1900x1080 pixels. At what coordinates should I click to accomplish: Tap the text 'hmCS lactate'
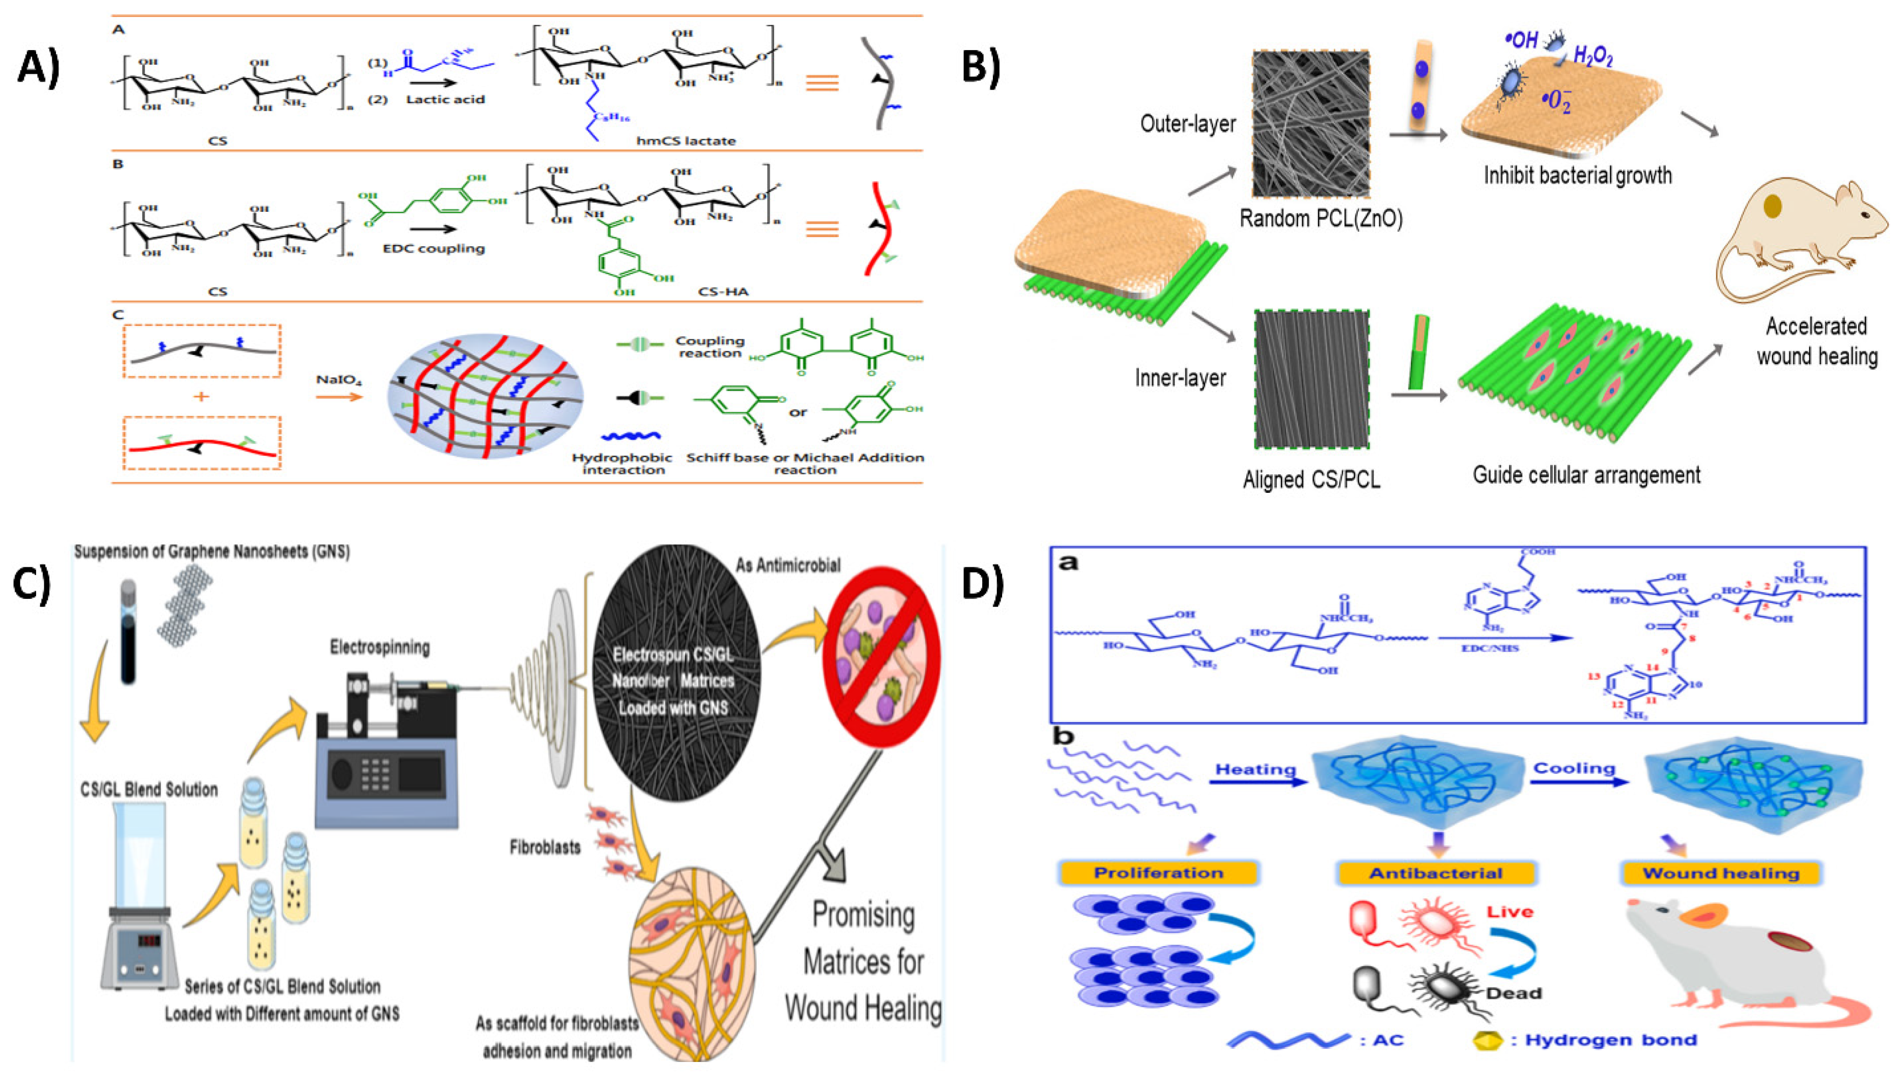(x=685, y=141)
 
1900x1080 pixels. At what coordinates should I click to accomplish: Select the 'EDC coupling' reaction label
(x=433, y=248)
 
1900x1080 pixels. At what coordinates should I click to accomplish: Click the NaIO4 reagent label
(x=339, y=380)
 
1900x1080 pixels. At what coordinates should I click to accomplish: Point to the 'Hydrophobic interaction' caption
(x=622, y=464)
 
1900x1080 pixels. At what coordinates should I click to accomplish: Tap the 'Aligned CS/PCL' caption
(x=1311, y=480)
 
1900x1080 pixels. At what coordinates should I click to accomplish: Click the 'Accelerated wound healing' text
(x=1816, y=341)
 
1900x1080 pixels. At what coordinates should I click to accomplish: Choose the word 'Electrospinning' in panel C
(x=380, y=648)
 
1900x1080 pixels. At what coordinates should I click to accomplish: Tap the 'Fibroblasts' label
(x=545, y=847)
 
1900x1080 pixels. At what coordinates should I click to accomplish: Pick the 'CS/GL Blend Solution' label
(x=149, y=789)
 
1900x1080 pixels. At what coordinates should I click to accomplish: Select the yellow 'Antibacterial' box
(x=1436, y=873)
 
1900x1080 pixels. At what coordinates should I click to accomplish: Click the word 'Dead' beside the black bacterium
(x=1514, y=993)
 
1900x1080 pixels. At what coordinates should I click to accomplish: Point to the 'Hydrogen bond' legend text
(x=1611, y=1040)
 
